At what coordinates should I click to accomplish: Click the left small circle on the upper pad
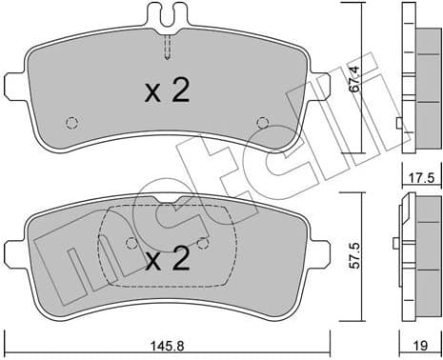pos(70,122)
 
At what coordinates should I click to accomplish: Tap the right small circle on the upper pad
pos(264,122)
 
